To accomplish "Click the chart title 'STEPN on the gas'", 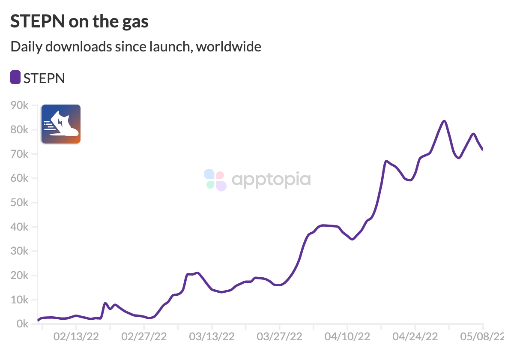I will pyautogui.click(x=79, y=21).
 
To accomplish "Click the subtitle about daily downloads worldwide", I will pyautogui.click(x=136, y=46).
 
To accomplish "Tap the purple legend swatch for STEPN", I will pyautogui.click(x=15, y=78).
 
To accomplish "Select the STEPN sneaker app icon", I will pyautogui.click(x=61, y=124).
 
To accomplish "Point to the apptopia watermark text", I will pyautogui.click(x=271, y=179).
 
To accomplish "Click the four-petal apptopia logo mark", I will pyautogui.click(x=215, y=180).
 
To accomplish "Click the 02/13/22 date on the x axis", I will pyautogui.click(x=76, y=337).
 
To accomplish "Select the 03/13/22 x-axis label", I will pyautogui.click(x=212, y=337).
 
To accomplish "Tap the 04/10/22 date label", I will pyautogui.click(x=347, y=337).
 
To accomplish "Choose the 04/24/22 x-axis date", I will pyautogui.click(x=415, y=337).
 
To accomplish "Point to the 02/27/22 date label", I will pyautogui.click(x=144, y=337).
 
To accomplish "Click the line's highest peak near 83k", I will pyautogui.click(x=444, y=121).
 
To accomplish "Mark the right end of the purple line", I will pyautogui.click(x=483, y=150).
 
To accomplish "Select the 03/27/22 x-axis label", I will pyautogui.click(x=279, y=337).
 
